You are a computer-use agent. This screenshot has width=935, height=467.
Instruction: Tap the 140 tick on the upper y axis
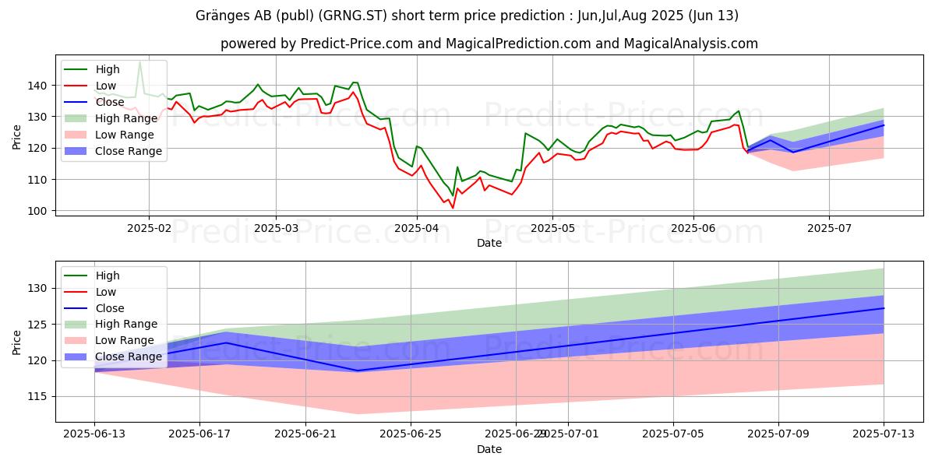click(37, 86)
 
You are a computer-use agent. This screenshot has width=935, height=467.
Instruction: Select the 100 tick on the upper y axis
click(37, 211)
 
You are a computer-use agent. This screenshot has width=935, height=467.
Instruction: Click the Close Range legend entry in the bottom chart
click(129, 357)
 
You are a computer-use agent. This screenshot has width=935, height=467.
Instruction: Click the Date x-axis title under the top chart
click(489, 244)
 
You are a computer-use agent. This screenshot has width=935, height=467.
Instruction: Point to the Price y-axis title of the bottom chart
click(17, 342)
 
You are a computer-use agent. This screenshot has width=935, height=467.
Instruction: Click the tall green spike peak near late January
click(139, 61)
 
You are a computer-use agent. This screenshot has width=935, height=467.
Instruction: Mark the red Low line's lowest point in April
click(453, 208)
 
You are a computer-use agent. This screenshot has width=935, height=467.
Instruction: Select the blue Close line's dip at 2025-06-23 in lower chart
click(358, 370)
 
